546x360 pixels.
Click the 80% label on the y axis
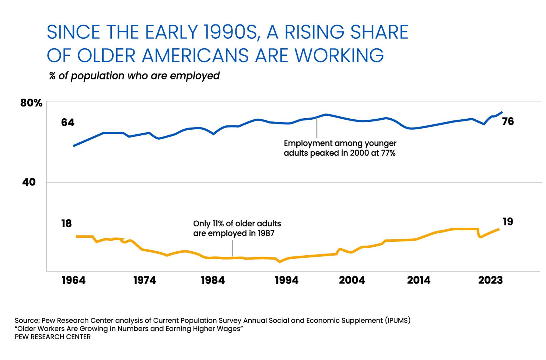coord(31,103)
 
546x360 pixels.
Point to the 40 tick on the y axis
coord(29,182)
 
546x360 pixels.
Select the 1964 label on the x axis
coord(73,280)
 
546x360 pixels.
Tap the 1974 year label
coord(144,280)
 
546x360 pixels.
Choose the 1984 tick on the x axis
coord(213,280)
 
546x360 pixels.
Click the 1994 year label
coord(287,280)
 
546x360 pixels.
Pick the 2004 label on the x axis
coord(352,280)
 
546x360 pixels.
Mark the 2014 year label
coord(419,280)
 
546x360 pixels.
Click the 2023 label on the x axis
coord(490,280)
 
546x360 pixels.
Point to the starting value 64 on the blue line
coord(68,123)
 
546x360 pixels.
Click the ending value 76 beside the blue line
coord(508,121)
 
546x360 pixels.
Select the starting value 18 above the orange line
coord(66,224)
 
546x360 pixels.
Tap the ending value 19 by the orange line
coord(508,222)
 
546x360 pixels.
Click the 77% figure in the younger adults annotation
coord(388,153)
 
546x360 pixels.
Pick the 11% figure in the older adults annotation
coord(218,224)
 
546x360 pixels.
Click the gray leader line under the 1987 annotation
coord(232,248)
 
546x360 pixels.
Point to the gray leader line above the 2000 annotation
coord(317,128)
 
